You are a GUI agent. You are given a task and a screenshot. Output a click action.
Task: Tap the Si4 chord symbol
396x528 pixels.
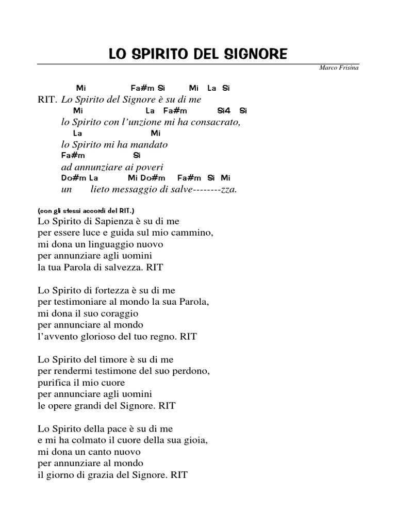(x=224, y=111)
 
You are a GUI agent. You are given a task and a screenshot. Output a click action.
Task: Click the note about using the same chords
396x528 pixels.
(x=86, y=211)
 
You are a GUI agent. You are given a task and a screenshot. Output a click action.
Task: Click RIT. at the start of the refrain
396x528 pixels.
(x=47, y=100)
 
